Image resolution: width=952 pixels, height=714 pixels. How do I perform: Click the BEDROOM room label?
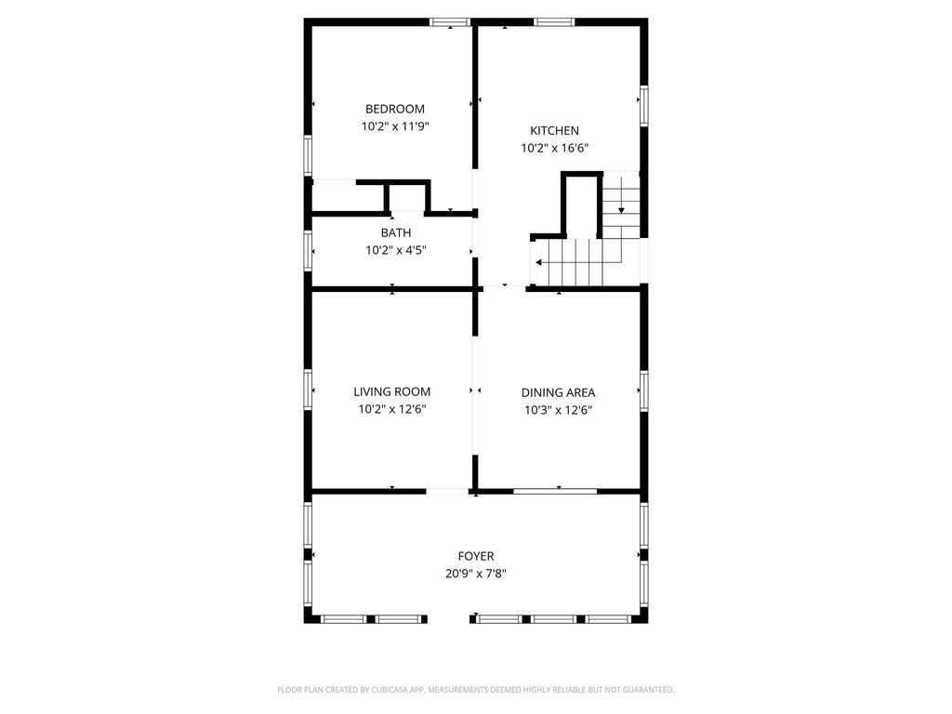click(x=394, y=110)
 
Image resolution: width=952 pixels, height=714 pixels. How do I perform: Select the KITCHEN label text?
click(x=554, y=130)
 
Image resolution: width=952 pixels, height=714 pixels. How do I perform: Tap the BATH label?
click(x=396, y=232)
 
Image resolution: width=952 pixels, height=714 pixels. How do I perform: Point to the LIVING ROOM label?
click(x=392, y=392)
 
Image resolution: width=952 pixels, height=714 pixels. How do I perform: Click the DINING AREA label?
click(x=558, y=393)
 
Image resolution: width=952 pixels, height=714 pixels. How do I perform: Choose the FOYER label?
click(x=476, y=556)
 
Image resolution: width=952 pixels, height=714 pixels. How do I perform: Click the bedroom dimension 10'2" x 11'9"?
click(x=395, y=126)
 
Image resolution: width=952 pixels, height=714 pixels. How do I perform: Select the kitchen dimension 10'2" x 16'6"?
click(x=555, y=148)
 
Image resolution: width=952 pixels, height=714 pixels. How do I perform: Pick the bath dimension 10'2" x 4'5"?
click(x=396, y=250)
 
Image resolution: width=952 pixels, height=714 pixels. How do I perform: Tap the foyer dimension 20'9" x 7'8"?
click(x=476, y=574)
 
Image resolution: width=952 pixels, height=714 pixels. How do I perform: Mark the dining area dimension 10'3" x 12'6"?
click(x=558, y=410)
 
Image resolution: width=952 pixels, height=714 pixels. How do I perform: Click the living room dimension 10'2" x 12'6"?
click(x=392, y=409)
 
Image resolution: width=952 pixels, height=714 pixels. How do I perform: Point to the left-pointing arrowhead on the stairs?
click(x=539, y=263)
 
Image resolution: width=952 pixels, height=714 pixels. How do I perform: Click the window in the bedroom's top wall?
click(x=450, y=22)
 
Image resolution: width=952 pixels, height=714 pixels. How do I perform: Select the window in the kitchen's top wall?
click(x=554, y=22)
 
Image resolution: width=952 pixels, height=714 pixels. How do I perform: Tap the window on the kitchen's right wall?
click(x=643, y=106)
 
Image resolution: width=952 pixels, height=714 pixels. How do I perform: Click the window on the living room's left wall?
click(x=308, y=390)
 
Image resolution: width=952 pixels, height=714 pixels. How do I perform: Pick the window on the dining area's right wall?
click(x=643, y=391)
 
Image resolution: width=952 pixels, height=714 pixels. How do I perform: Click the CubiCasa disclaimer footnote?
click(x=476, y=690)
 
